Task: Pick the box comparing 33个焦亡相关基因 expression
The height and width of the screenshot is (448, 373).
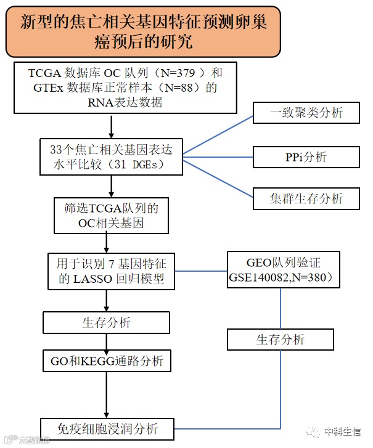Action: pos(111,157)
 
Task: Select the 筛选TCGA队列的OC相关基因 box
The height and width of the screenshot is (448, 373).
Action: pos(111,216)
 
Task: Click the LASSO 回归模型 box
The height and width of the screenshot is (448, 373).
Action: pos(111,271)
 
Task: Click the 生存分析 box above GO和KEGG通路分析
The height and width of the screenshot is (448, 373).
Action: pos(106,322)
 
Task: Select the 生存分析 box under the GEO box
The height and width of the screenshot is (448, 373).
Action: pos(281,340)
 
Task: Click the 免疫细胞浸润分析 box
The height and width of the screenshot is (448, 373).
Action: pos(106,429)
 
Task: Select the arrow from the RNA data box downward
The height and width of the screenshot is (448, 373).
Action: pos(111,125)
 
